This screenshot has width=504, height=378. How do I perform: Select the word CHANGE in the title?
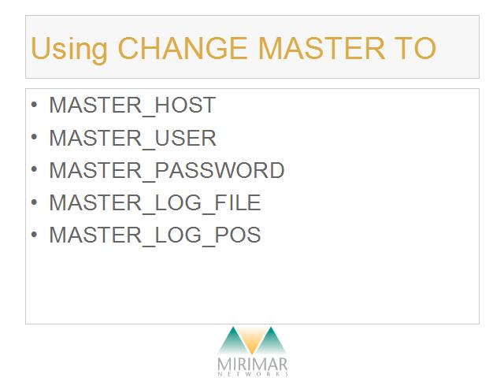pos(183,48)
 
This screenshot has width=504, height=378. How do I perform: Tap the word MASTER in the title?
pos(321,48)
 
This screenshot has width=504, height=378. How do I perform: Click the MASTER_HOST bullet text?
pos(132,106)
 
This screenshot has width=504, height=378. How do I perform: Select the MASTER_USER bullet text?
pos(132,139)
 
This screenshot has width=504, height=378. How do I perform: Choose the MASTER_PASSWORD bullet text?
pos(166,170)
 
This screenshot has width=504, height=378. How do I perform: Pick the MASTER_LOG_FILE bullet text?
pos(154,203)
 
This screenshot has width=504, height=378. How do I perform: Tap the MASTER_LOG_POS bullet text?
pos(154,235)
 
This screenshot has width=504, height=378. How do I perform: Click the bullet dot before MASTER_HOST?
pos(34,104)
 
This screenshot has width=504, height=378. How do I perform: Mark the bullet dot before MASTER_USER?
pos(34,137)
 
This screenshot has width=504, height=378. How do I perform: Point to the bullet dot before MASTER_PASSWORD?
pos(34,169)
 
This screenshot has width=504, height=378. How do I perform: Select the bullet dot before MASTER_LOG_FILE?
pos(34,202)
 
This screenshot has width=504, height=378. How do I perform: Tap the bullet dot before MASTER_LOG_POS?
pos(34,234)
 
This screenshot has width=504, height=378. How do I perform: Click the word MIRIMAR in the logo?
pos(252,365)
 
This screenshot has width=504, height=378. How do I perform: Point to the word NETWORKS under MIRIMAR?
pos(253,374)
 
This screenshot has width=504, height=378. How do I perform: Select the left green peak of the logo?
pos(233,341)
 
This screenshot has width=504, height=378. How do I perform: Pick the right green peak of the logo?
pos(271,341)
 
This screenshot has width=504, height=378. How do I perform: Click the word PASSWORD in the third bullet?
pos(220,170)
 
